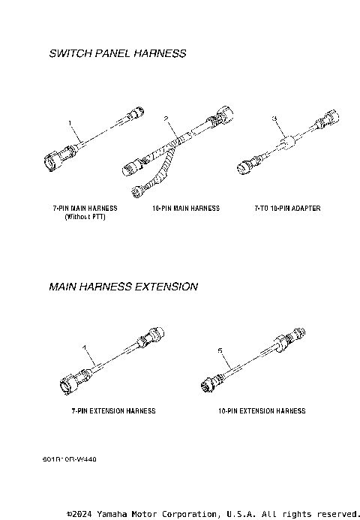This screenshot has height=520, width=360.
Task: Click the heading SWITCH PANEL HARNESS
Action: (117, 54)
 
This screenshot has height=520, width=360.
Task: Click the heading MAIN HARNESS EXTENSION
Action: (123, 287)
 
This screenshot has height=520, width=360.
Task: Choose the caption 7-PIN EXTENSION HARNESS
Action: (113, 411)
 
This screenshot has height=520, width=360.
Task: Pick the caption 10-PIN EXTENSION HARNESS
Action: (262, 411)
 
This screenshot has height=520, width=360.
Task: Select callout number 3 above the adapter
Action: (274, 119)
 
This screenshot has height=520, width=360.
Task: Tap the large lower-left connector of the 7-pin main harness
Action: (56, 161)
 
